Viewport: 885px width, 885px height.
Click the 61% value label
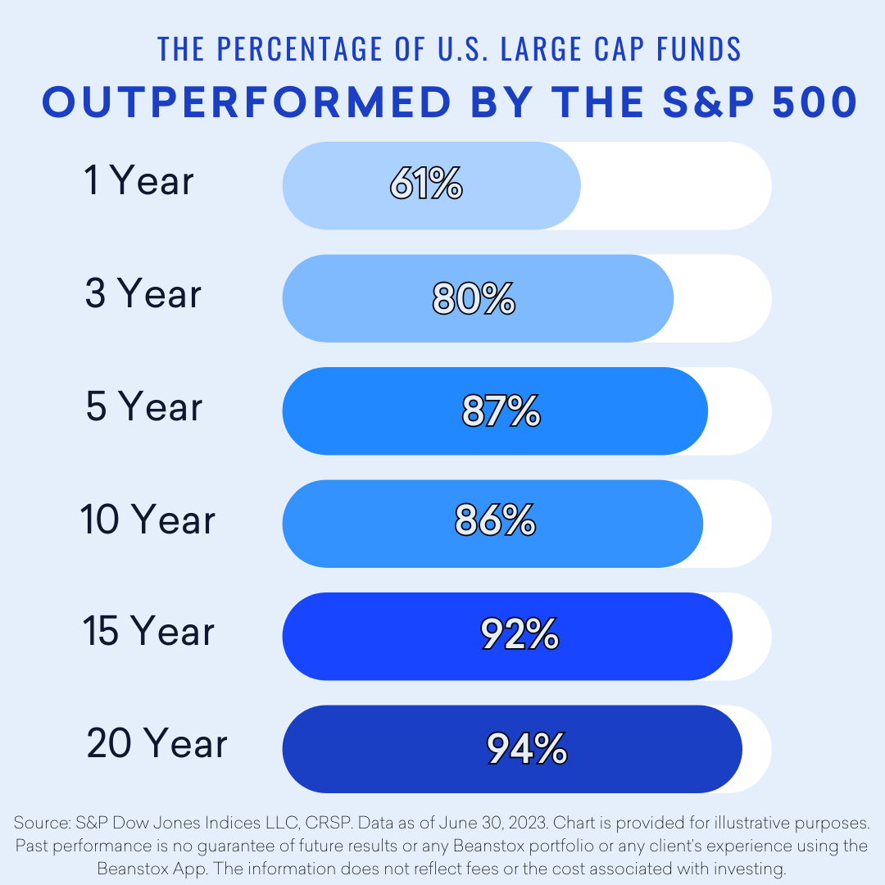426,186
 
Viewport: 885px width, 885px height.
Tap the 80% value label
474,299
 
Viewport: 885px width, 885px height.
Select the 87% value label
501,411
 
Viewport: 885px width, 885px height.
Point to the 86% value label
495,522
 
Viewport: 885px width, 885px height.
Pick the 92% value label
520,635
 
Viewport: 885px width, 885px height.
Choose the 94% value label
527,748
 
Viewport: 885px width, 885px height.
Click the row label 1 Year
139,180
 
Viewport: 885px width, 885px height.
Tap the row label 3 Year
143,293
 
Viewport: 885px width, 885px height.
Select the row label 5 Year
144,406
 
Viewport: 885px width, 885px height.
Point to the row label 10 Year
148,520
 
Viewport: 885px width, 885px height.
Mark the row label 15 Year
148,632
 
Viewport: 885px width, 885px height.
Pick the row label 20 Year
157,744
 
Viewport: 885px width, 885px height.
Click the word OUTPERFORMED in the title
247,102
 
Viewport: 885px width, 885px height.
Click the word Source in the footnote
38,822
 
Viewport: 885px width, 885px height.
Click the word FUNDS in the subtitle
703,49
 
